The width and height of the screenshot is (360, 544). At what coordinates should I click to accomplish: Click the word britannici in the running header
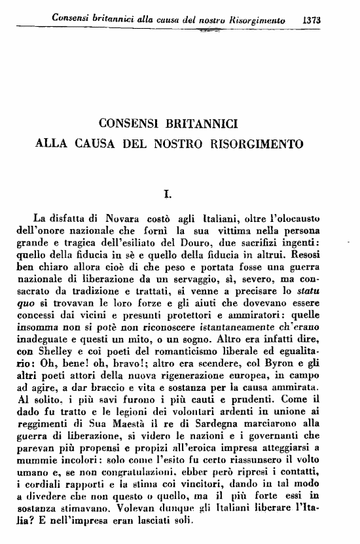click(x=115, y=20)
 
